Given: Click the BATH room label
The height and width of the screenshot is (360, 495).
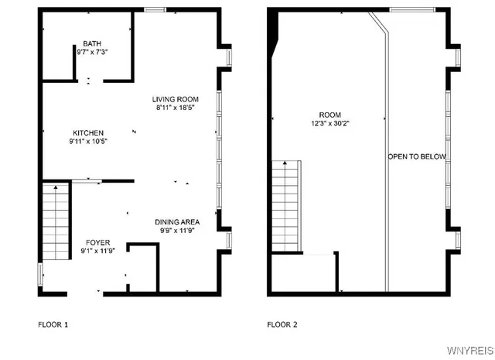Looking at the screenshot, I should (x=93, y=43).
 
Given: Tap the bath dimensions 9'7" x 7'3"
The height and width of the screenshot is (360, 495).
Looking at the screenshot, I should (x=93, y=52).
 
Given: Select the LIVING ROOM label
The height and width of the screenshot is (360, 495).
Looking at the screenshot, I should (x=176, y=99).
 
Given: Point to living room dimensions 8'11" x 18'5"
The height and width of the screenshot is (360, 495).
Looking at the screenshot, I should (x=176, y=108).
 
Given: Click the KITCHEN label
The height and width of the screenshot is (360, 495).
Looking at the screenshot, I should (x=88, y=133).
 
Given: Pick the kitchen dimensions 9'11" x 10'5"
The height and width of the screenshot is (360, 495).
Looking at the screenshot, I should (x=88, y=142).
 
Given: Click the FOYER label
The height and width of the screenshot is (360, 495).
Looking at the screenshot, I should (x=97, y=242).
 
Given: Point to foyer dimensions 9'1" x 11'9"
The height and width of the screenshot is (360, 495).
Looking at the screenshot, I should (x=97, y=251).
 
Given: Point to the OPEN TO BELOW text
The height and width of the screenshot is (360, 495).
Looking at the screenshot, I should (x=417, y=156).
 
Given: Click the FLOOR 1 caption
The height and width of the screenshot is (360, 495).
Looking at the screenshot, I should (x=53, y=324).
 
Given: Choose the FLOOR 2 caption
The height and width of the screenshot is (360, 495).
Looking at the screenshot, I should (x=282, y=324).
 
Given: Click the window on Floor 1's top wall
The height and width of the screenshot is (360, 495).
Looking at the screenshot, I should (x=155, y=9).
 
